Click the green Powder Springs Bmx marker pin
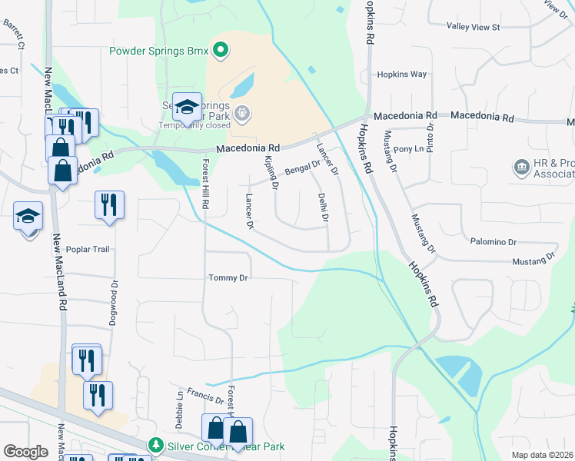[x=221, y=51]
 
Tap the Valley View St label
[x=474, y=27]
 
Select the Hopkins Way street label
[x=401, y=75]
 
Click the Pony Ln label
[x=408, y=148]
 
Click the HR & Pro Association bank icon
[x=520, y=167]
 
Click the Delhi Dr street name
[x=324, y=207]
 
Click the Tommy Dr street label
[x=229, y=277]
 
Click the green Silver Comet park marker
[x=156, y=446]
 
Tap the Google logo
[x=25, y=452]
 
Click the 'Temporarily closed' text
[x=194, y=125]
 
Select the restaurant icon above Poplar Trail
[x=109, y=205]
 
